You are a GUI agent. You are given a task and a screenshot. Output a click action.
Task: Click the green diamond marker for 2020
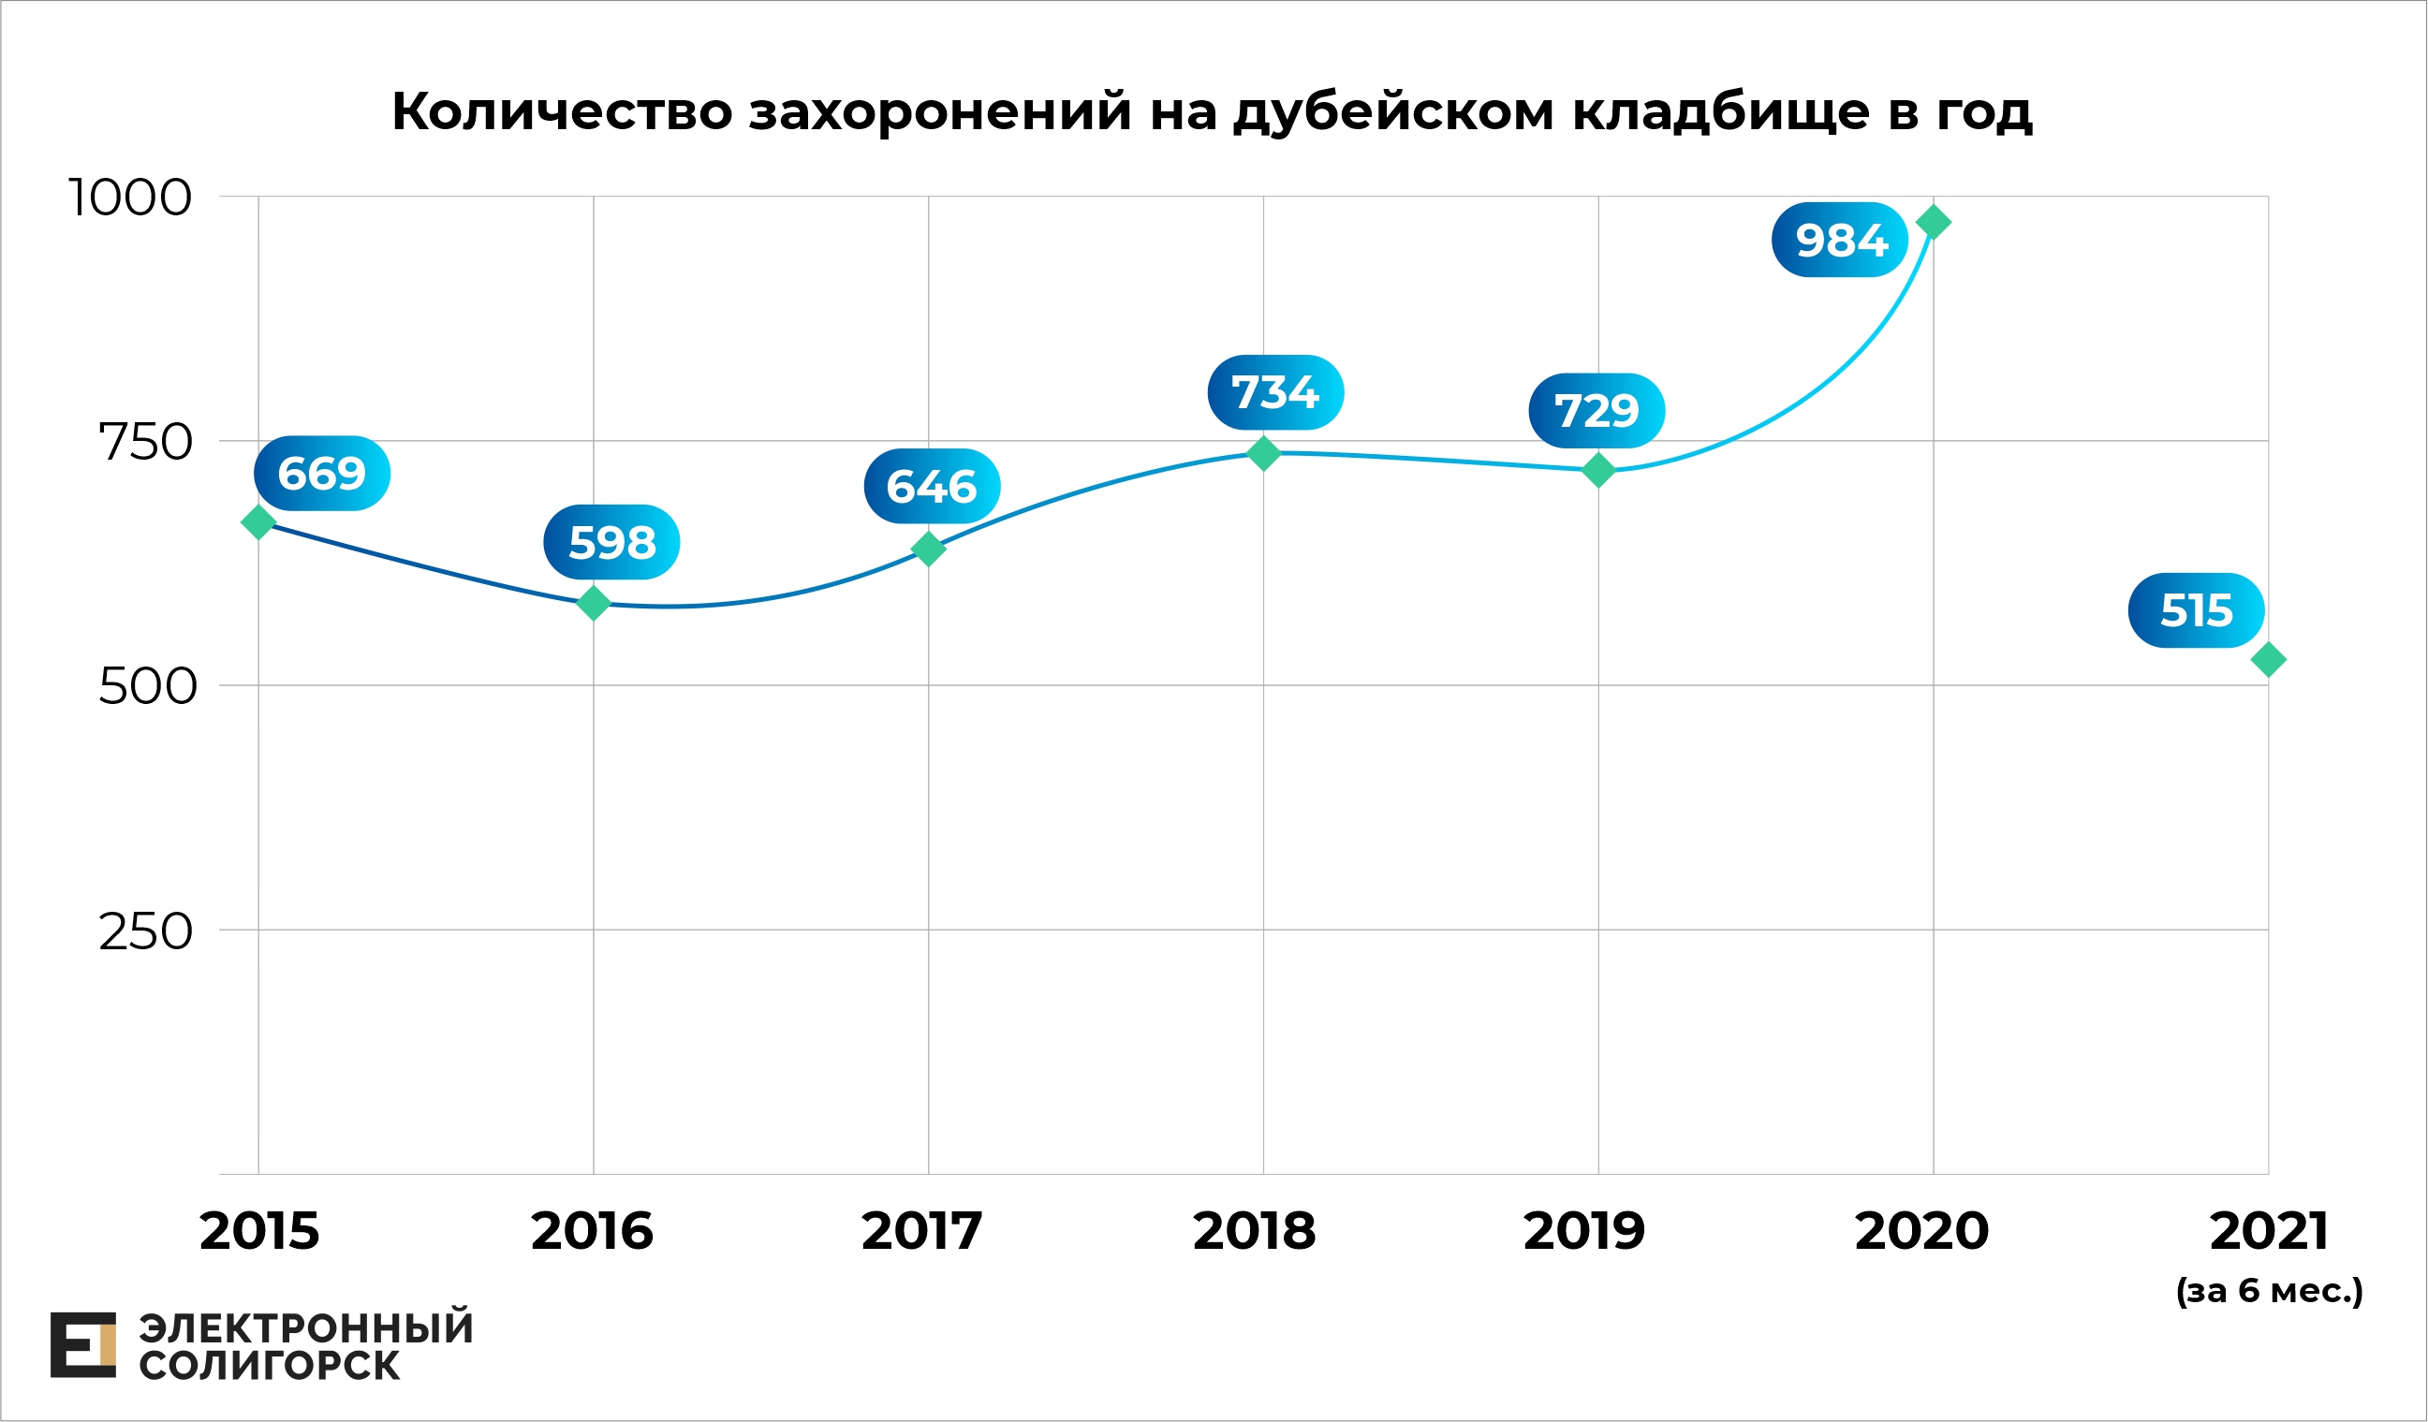pos(1933,223)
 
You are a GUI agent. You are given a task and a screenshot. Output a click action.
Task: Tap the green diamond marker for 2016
pos(594,603)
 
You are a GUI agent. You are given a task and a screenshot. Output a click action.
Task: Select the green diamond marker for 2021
pos(2268,660)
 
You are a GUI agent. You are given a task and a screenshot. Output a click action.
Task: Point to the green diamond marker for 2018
pos(1263,453)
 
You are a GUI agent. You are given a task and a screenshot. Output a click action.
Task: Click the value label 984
pos(1839,240)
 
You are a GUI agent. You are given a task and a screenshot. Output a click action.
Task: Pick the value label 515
pos(2196,610)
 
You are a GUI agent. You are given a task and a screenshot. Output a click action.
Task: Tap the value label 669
pos(322,474)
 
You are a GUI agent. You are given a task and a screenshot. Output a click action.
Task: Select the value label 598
pos(611,542)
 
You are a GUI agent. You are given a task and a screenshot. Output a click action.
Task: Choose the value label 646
pos(932,487)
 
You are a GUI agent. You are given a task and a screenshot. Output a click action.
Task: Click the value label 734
pos(1275,393)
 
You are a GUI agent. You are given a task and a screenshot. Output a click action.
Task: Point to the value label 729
pos(1597,411)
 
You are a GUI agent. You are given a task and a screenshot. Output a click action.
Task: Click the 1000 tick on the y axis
pos(130,198)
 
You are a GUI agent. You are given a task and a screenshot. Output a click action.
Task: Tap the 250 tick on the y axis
pos(145,931)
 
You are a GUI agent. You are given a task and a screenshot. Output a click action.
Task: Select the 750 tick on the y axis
pos(145,442)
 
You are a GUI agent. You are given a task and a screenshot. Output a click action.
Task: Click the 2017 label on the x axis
pos(921,1231)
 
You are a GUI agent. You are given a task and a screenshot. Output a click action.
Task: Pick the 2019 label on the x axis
pos(1584,1231)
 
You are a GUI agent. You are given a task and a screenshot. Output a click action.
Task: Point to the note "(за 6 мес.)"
pos(2269,1291)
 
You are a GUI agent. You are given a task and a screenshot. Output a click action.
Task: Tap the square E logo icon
pos(82,1345)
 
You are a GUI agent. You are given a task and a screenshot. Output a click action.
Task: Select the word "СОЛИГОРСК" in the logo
pos(269,1366)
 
